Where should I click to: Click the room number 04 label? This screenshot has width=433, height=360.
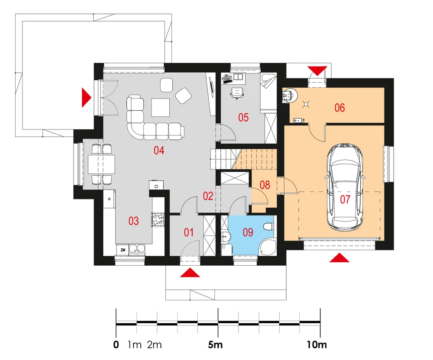click(159, 150)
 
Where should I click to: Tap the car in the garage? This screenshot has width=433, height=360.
click(345, 187)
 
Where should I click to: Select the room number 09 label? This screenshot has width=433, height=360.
click(248, 232)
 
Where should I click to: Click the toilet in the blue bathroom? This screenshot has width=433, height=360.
click(268, 226)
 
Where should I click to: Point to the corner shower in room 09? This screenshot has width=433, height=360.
click(267, 247)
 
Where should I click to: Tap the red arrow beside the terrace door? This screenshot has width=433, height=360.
click(87, 97)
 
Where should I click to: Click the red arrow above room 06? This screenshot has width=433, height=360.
click(317, 71)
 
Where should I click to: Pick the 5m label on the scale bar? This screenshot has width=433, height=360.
click(215, 344)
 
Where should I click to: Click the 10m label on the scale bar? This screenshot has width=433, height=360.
click(317, 344)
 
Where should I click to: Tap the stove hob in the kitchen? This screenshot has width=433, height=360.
click(158, 219)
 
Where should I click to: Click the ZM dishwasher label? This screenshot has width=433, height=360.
click(123, 250)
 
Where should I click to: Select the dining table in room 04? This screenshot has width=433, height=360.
click(101, 164)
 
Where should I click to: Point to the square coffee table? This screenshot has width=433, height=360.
click(161, 108)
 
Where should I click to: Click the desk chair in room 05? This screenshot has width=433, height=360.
click(237, 93)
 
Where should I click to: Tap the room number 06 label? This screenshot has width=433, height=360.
click(339, 108)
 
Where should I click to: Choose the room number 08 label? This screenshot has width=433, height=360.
click(265, 185)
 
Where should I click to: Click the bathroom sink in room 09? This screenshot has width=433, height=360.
click(226, 236)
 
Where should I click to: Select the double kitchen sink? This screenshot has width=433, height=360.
click(137, 249)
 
